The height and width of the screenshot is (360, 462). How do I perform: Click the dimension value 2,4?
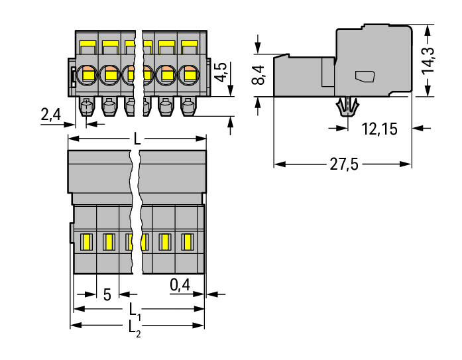click(x=50, y=115)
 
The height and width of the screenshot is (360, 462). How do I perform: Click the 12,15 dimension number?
click(x=380, y=129)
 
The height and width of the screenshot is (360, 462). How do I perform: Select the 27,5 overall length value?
click(x=345, y=165)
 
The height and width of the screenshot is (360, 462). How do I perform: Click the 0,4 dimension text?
click(x=179, y=284)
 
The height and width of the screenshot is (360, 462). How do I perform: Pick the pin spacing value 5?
click(x=107, y=293)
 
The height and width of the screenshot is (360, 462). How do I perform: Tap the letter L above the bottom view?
click(x=137, y=139)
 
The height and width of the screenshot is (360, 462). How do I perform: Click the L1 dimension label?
click(x=135, y=310)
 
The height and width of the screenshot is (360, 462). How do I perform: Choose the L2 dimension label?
click(x=135, y=327)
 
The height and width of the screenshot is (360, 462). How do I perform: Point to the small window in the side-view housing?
click(x=365, y=76)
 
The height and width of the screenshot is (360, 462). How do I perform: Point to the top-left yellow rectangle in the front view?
click(x=86, y=46)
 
